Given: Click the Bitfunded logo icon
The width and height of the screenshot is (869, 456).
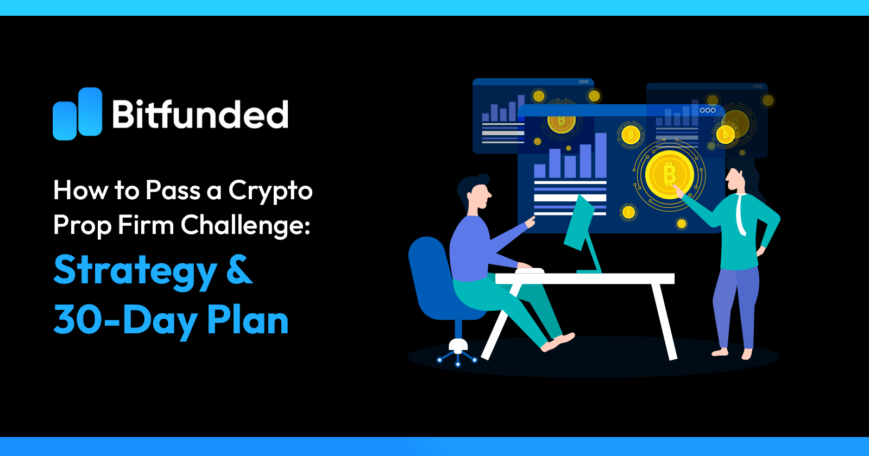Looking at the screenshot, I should point(77,114).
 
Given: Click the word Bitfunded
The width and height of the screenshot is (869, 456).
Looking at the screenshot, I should point(200,115).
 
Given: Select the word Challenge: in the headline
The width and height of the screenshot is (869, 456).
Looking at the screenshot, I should point(245,225).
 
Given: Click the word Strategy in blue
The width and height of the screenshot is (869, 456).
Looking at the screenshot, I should point(135,271).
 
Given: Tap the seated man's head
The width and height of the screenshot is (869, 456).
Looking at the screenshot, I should point(475,193).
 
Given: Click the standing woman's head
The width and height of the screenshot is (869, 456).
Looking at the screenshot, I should point(736,179).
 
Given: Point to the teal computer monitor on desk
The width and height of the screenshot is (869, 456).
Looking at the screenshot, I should point(579,223).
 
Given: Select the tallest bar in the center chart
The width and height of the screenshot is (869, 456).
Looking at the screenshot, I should point(601,155).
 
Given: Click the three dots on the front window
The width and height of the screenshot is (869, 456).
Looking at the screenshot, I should point(707,110).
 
